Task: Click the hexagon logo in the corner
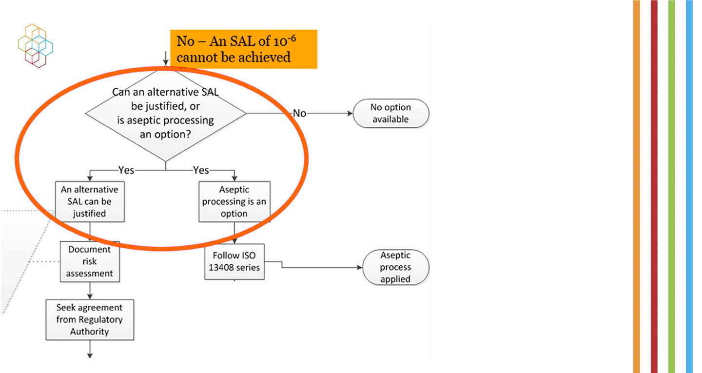pyautogui.click(x=36, y=46)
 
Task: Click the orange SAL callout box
pyautogui.click(x=244, y=49)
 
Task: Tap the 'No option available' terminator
pyautogui.click(x=391, y=113)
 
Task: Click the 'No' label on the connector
pyautogui.click(x=299, y=113)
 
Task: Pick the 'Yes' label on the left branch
pyautogui.click(x=126, y=170)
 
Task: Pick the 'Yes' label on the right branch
pyautogui.click(x=201, y=170)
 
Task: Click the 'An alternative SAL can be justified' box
pyautogui.click(x=90, y=201)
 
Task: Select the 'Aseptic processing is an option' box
pyautogui.click(x=234, y=201)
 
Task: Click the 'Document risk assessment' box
pyautogui.click(x=90, y=261)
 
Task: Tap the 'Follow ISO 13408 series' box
pyautogui.click(x=234, y=261)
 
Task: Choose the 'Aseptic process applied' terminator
pyautogui.click(x=395, y=267)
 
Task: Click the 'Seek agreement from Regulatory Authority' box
pyautogui.click(x=90, y=320)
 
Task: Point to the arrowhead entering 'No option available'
pyautogui.click(x=350, y=113)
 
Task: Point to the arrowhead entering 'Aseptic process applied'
pyautogui.click(x=360, y=267)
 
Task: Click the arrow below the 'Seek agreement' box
pyautogui.click(x=90, y=349)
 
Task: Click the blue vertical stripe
pyautogui.click(x=689, y=186)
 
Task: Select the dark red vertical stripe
pyautogui.click(x=654, y=186)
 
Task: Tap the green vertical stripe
pyautogui.click(x=672, y=186)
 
